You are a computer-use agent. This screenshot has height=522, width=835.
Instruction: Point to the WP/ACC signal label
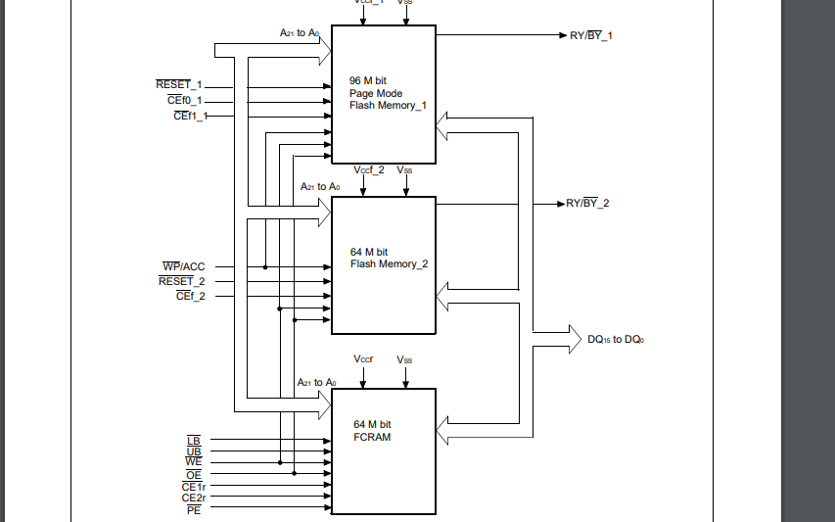click(183, 266)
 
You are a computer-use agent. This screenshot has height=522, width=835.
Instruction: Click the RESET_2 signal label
click(182, 281)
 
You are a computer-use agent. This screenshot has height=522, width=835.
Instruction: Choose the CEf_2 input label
click(190, 296)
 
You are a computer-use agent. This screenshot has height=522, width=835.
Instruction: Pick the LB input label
click(193, 440)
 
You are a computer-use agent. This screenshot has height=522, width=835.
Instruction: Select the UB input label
click(193, 451)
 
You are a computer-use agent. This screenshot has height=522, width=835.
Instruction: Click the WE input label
click(193, 462)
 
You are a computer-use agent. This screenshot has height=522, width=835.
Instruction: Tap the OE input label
click(193, 474)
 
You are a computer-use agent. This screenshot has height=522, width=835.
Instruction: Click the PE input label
click(193, 509)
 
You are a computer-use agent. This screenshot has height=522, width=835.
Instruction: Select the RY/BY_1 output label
click(591, 35)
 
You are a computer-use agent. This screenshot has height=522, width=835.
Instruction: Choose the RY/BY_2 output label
click(587, 204)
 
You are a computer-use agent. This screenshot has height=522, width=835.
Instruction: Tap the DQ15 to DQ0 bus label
click(616, 340)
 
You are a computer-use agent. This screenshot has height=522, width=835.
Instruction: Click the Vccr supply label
click(364, 359)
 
